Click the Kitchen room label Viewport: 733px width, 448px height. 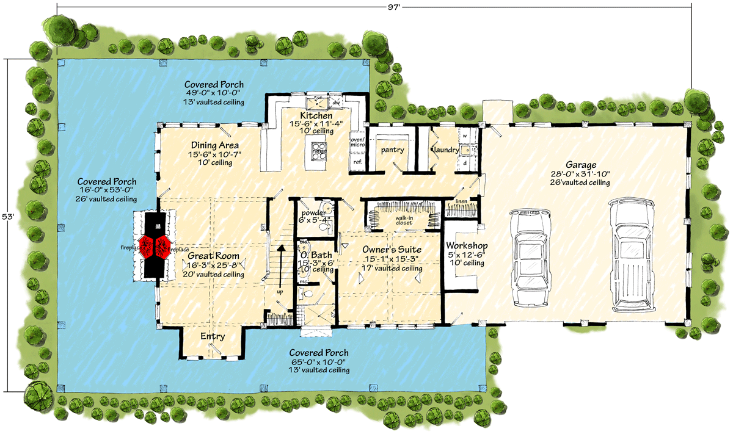(316, 115)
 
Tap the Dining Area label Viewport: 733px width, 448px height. (214, 145)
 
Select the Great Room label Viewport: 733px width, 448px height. (213, 256)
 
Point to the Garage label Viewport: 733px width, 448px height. (581, 165)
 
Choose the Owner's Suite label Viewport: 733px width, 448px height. (392, 250)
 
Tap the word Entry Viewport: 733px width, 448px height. (213, 336)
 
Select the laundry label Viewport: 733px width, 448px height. (446, 149)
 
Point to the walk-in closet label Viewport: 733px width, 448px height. (403, 219)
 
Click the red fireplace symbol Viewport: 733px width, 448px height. (153, 245)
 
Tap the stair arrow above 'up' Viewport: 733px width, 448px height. (281, 262)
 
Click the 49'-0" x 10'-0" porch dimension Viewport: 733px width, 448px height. (215, 93)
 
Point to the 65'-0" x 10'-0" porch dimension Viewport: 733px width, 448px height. (319, 362)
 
